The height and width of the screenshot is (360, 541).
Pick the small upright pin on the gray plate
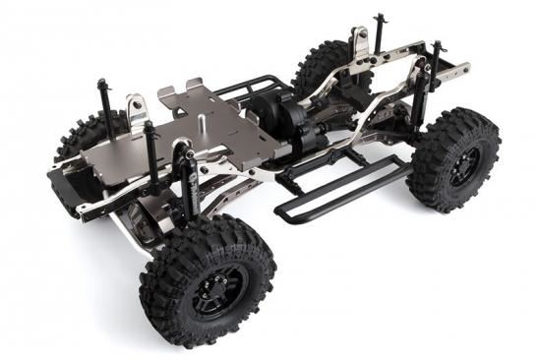coord(203,124)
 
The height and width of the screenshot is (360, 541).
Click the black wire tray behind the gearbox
coord(246,89)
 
